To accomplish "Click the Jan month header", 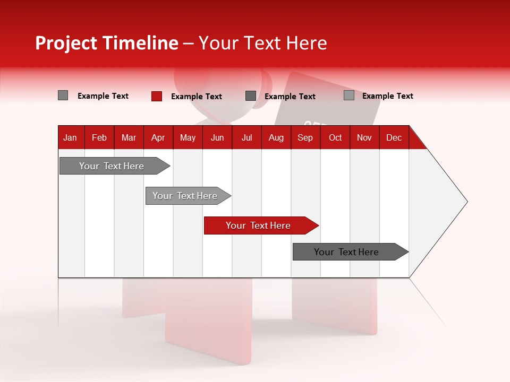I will pyautogui.click(x=70, y=137).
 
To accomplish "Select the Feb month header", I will pyautogui.click(x=99, y=137).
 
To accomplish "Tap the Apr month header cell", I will pyautogui.click(x=158, y=137).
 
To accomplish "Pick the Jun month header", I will pyautogui.click(x=217, y=137).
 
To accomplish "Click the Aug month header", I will pyautogui.click(x=276, y=137).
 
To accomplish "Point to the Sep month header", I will pyautogui.click(x=305, y=137).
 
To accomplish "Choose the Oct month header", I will pyautogui.click(x=335, y=137).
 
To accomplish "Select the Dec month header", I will pyautogui.click(x=394, y=137).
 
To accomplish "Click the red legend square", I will pyautogui.click(x=157, y=96).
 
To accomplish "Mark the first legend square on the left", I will pyautogui.click(x=63, y=95).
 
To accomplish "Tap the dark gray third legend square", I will pyautogui.click(x=251, y=95).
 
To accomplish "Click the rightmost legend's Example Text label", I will pyautogui.click(x=387, y=96).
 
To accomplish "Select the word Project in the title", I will pyautogui.click(x=66, y=43).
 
